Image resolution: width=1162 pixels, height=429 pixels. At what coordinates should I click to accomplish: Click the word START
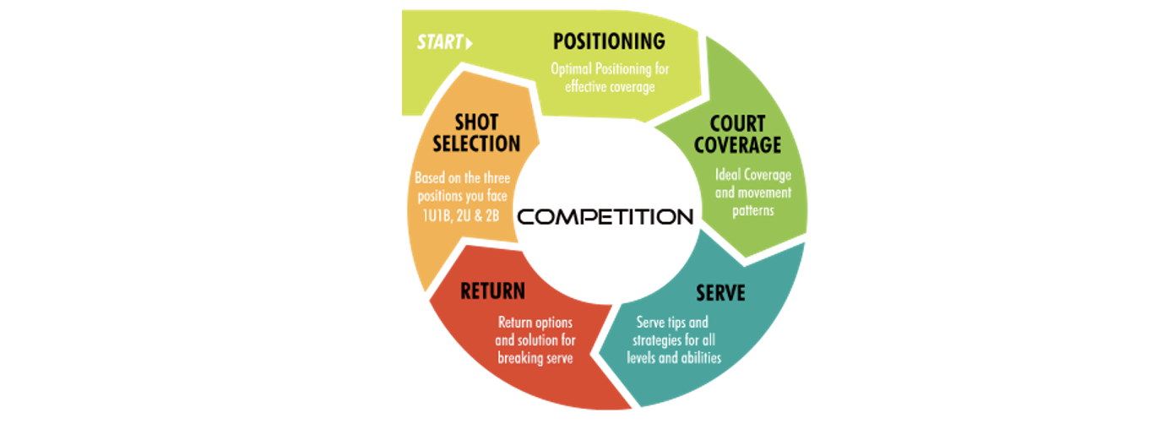(x=439, y=42)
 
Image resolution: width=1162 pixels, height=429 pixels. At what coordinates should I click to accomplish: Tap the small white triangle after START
(x=470, y=43)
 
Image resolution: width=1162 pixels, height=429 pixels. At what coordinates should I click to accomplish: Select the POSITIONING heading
(x=609, y=41)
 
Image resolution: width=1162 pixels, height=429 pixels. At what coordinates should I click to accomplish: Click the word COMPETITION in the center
(x=605, y=216)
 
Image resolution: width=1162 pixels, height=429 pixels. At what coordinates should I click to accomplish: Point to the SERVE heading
(x=720, y=292)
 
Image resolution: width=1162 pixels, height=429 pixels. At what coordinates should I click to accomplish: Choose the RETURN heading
(x=492, y=291)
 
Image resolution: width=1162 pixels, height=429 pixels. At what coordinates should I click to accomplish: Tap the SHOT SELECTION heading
(x=476, y=133)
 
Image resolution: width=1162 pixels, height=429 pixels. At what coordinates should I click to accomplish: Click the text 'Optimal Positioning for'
(x=610, y=68)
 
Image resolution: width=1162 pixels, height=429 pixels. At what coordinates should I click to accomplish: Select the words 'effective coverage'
(x=610, y=86)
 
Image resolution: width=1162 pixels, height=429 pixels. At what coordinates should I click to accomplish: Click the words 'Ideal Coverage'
(x=753, y=175)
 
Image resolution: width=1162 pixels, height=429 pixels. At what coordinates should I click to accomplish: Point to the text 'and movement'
(x=753, y=192)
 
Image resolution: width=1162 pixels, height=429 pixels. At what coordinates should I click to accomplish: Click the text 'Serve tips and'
(x=672, y=323)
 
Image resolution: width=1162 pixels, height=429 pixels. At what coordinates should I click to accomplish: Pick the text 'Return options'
(x=535, y=323)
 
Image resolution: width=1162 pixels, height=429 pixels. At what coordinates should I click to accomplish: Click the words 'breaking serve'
(x=535, y=357)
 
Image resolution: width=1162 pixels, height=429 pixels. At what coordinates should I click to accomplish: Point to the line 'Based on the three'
(x=463, y=179)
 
